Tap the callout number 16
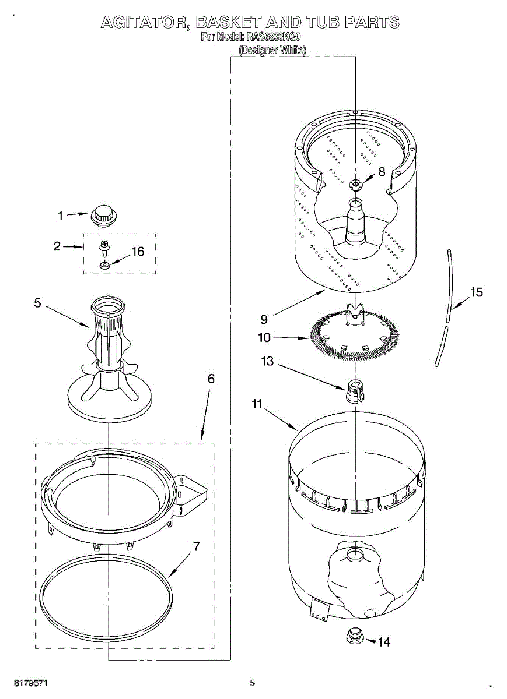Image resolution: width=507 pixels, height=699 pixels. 137,252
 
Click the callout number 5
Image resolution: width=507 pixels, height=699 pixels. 37,303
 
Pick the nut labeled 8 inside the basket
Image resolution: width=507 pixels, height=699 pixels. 355,185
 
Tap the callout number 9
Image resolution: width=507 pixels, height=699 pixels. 264,319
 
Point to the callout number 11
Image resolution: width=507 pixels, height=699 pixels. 257,404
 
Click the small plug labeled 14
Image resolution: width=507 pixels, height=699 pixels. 353,635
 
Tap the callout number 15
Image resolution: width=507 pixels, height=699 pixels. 477,292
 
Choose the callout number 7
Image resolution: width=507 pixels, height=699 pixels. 197,546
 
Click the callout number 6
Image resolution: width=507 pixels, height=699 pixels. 211,379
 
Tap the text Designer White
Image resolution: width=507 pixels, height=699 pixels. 272,51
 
